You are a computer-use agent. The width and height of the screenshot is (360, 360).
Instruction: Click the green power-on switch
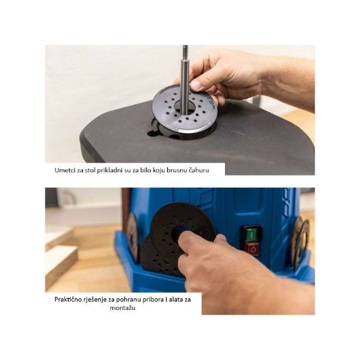coord(252,234)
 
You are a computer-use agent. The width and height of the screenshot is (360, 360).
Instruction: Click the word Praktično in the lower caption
coord(67,300)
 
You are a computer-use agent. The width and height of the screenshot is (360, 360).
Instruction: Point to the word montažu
coord(123,308)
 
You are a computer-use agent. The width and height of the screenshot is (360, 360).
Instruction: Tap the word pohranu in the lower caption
coord(128,300)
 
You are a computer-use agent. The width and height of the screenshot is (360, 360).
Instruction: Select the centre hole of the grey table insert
coord(185,106)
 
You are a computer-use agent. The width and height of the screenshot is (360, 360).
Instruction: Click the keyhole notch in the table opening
coord(154,133)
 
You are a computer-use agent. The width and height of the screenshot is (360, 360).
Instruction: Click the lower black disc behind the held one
coord(158,258)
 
